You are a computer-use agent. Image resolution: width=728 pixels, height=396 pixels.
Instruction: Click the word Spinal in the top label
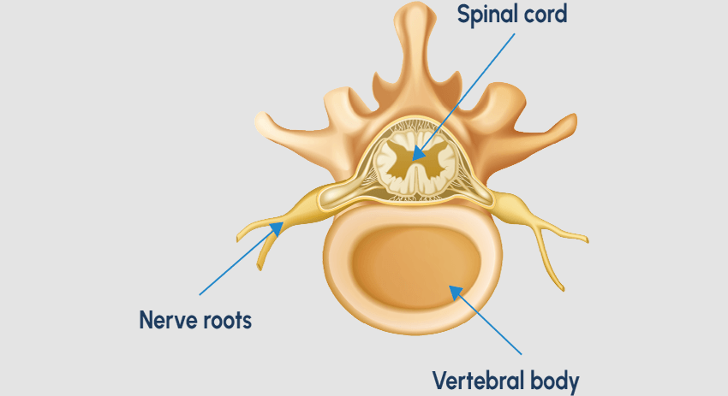pos(486,15)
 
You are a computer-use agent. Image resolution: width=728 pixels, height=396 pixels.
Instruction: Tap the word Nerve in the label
pos(168,321)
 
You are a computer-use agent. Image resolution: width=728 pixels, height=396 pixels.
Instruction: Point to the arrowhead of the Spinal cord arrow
pos(415,157)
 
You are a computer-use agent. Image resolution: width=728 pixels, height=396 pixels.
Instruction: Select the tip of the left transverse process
pos(260,122)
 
